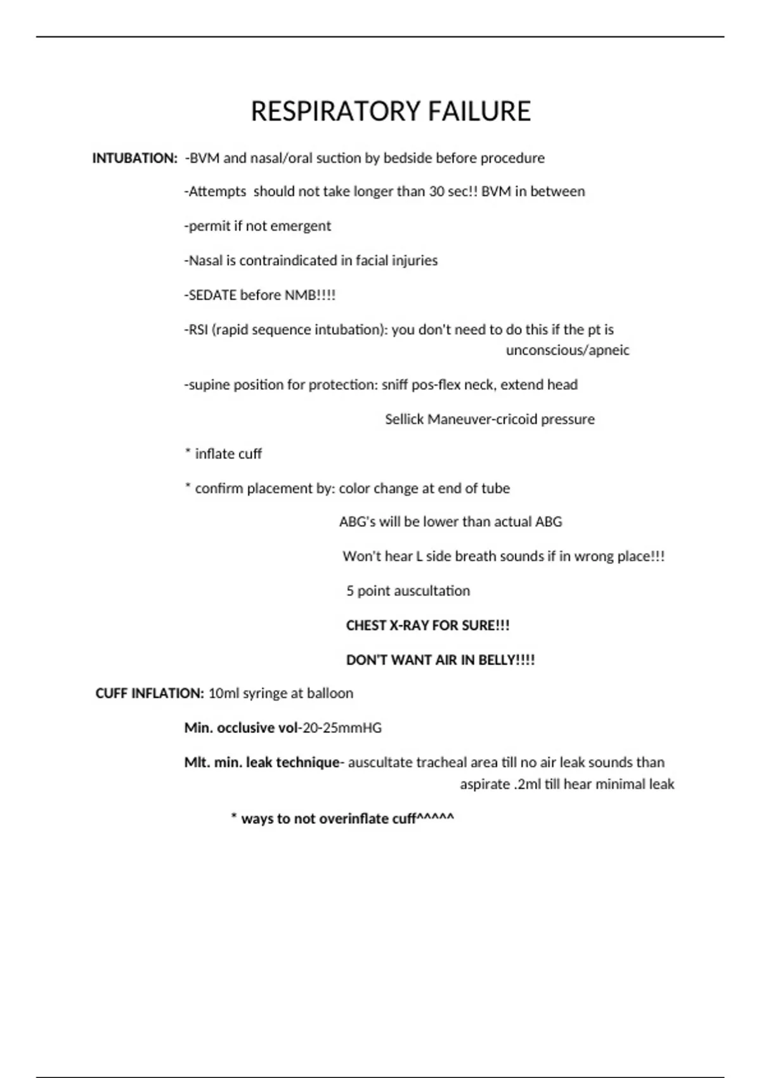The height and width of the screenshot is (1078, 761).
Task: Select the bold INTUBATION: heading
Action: pyautogui.click(x=134, y=158)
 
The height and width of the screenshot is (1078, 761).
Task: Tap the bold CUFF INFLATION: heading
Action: pyautogui.click(x=150, y=693)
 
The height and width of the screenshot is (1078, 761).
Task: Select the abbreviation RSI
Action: pyautogui.click(x=198, y=330)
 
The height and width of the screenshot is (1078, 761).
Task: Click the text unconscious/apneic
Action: pyautogui.click(x=568, y=350)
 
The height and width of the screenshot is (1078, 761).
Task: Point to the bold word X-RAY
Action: pyautogui.click(x=407, y=625)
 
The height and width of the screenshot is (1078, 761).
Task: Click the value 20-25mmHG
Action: pyautogui.click(x=342, y=728)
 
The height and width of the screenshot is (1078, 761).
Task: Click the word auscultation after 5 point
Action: pyautogui.click(x=432, y=591)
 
